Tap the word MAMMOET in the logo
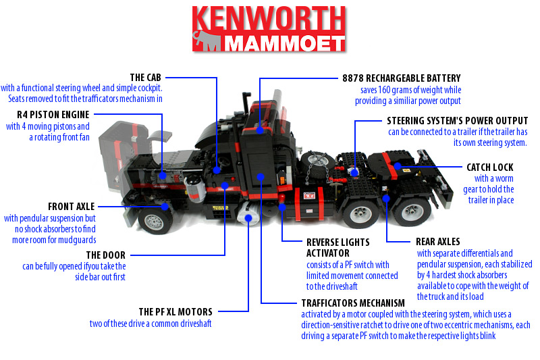pyautogui.click(x=284, y=44)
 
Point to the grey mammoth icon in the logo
pyautogui.click(x=207, y=41)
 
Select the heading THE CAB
pyautogui.click(x=145, y=77)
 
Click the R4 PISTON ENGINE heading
pyautogui.click(x=53, y=114)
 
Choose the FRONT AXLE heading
pyautogui.click(x=72, y=207)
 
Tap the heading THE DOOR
pyautogui.click(x=106, y=255)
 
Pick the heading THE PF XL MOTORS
pyautogui.click(x=175, y=312)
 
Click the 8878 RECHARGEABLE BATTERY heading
pyautogui.click(x=402, y=78)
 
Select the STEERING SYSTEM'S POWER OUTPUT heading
pyautogui.click(x=458, y=121)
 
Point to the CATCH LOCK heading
pyautogui.click(x=490, y=167)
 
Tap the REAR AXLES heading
pyautogui.click(x=437, y=242)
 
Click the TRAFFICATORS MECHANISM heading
pyautogui.click(x=353, y=303)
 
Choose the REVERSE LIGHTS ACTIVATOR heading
pyautogui.click(x=338, y=248)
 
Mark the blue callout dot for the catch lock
pyautogui.click(x=398, y=166)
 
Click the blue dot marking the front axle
pyautogui.click(x=165, y=207)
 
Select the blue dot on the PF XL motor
pyautogui.click(x=248, y=217)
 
